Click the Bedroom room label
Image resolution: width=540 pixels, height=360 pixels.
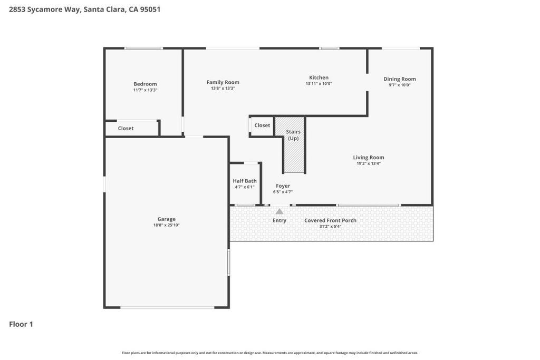point(145,84)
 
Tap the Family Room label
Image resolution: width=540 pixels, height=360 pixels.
point(223,82)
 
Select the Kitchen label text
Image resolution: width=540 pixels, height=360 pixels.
point(319,78)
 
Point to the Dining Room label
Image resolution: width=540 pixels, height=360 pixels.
point(400,79)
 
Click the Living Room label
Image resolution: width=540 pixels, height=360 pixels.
point(369,158)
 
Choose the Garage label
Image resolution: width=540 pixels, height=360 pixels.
point(166,219)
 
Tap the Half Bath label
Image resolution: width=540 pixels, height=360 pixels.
point(245,181)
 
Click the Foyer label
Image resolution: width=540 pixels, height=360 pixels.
point(283,186)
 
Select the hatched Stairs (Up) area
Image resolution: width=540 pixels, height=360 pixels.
point(293,144)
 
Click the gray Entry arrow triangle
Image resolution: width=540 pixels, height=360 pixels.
point(279,211)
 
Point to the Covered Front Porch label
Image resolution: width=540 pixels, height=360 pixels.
point(330,221)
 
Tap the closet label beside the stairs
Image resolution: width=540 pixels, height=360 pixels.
point(262,125)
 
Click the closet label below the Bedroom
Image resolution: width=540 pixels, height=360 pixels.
point(126,129)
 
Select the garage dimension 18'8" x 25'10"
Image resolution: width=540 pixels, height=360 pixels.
point(166,225)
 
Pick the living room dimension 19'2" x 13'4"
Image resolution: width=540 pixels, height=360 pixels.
point(369,163)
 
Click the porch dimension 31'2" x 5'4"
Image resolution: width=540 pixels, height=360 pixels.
point(330,227)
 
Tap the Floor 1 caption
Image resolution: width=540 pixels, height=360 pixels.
point(21,324)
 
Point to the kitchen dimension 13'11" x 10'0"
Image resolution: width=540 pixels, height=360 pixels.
point(319,84)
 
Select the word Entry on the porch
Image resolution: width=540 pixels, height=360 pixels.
point(279,221)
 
